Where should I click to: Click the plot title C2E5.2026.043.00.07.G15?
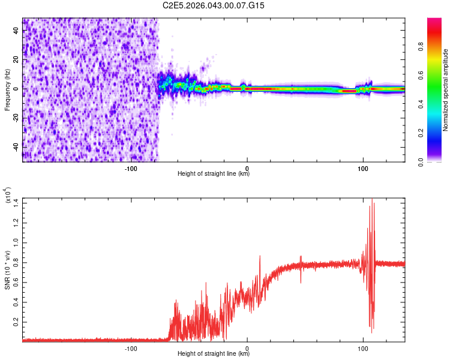(x=214, y=5)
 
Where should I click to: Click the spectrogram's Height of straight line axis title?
(x=214, y=174)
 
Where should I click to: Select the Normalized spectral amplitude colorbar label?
(x=445, y=90)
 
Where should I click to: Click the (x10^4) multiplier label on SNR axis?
(x=8, y=196)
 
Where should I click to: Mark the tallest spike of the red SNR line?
(x=372, y=199)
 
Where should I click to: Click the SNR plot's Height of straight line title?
(x=214, y=354)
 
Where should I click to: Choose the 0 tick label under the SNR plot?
(x=247, y=347)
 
